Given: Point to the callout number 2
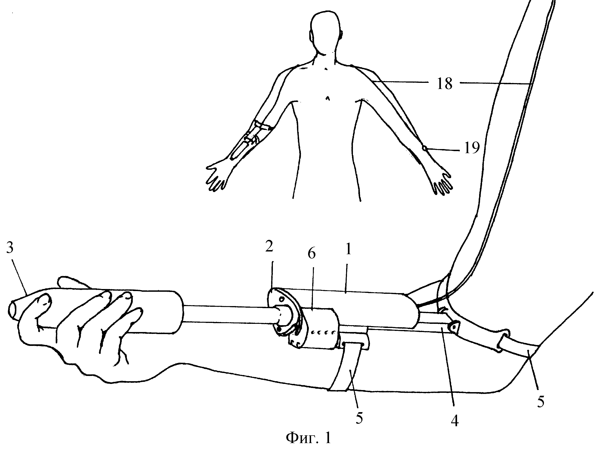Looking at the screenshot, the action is pos(269,246).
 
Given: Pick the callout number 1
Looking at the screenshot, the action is pos(348,249).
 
